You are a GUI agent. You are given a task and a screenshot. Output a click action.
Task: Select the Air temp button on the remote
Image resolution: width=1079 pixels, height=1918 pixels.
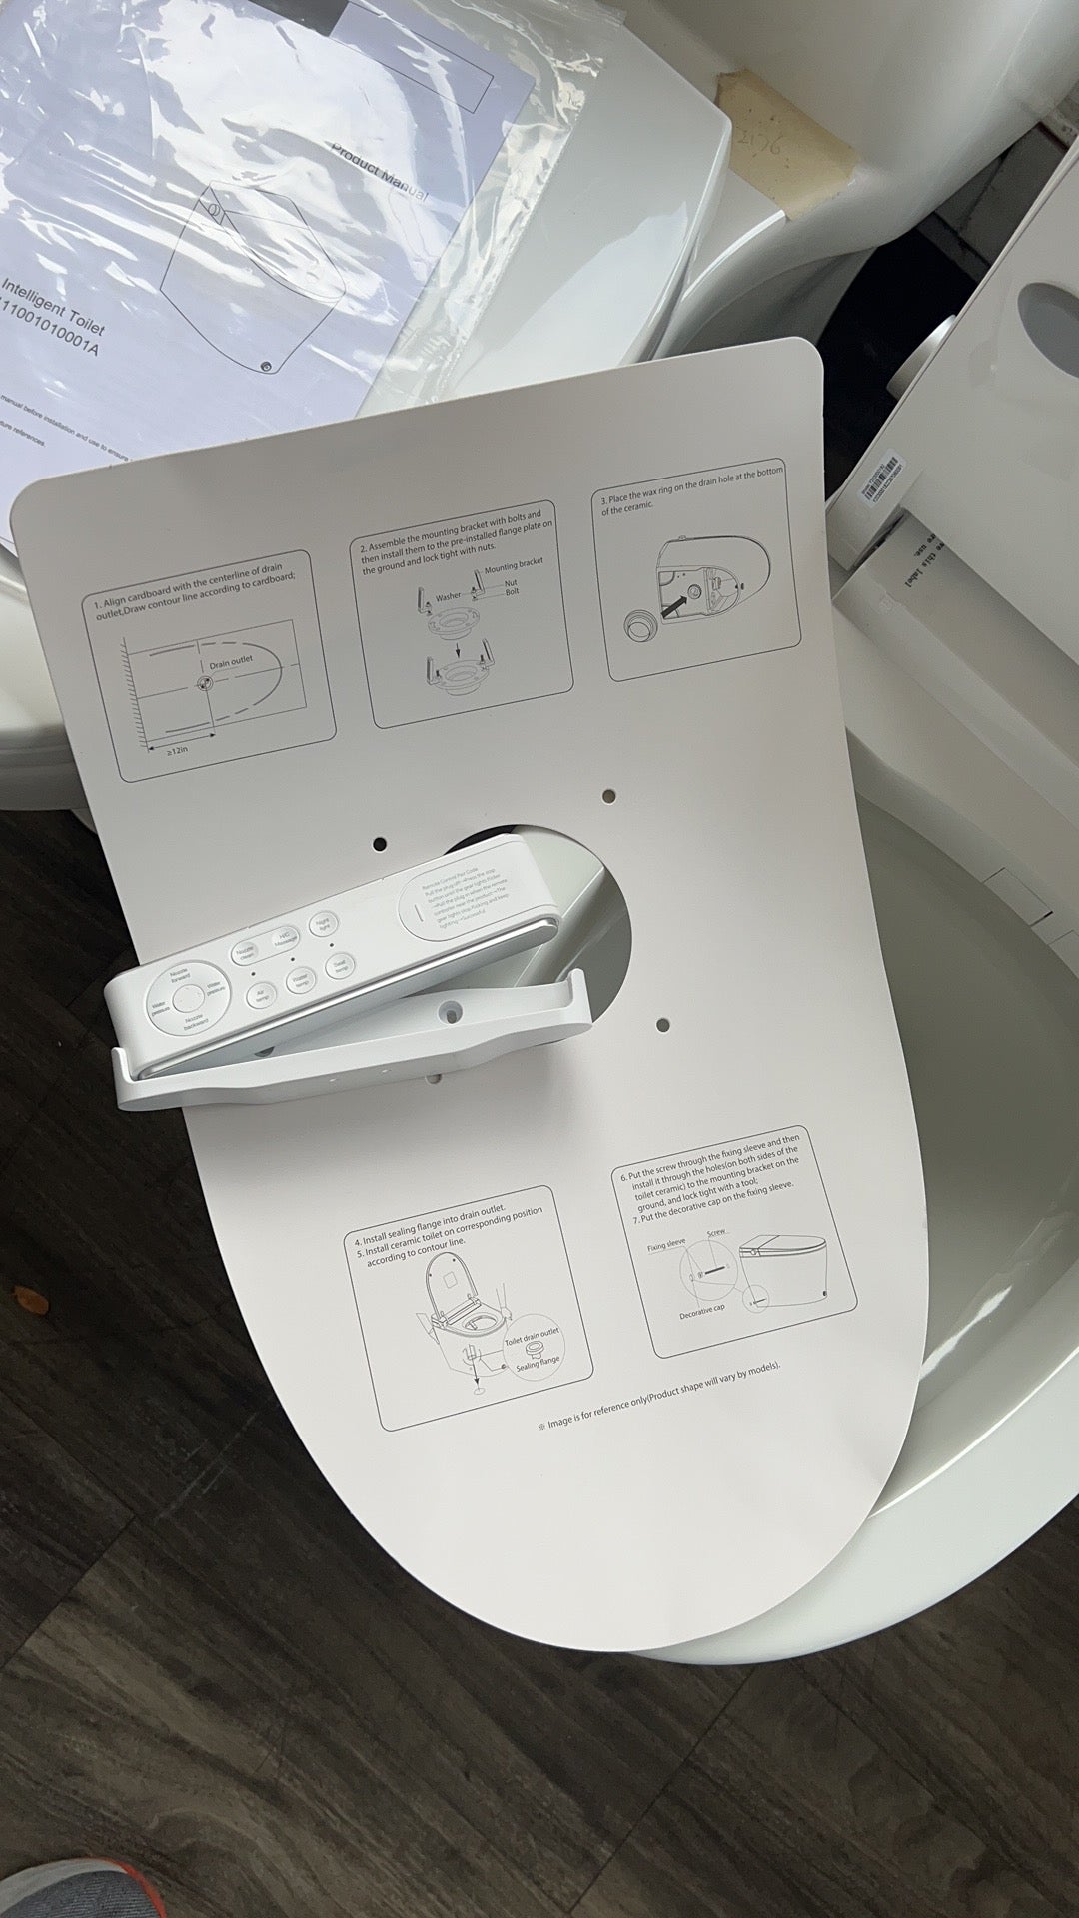click(x=259, y=996)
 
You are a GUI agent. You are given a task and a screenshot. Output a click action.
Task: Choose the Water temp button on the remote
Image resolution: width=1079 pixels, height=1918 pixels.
click(x=298, y=982)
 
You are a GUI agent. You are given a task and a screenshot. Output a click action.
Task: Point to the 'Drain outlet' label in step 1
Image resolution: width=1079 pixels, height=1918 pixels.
click(x=233, y=662)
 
